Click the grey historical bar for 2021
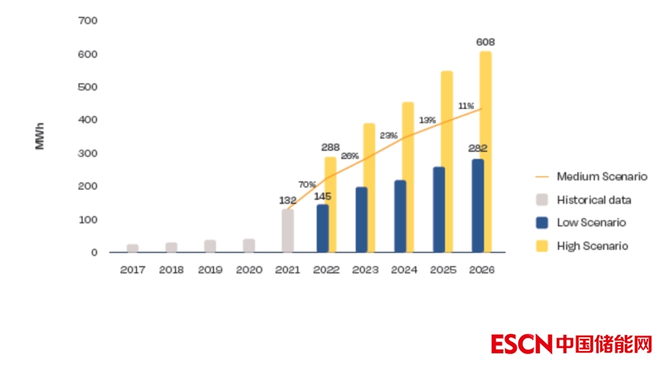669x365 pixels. pos(288,231)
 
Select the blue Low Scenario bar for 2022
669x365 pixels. pos(323,229)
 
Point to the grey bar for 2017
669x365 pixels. pos(132,248)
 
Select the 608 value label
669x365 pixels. pos(485,42)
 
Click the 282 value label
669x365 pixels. pos(477,148)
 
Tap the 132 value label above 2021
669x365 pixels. pos(288,200)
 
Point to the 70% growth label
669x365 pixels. pos(307,185)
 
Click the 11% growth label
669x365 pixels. pos(466,106)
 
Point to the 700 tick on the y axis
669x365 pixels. pos(88,21)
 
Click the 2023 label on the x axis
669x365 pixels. pos(367,270)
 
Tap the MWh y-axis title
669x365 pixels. pos(40,136)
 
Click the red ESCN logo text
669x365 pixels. pos(521,343)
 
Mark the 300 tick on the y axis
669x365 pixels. pos(88,154)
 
